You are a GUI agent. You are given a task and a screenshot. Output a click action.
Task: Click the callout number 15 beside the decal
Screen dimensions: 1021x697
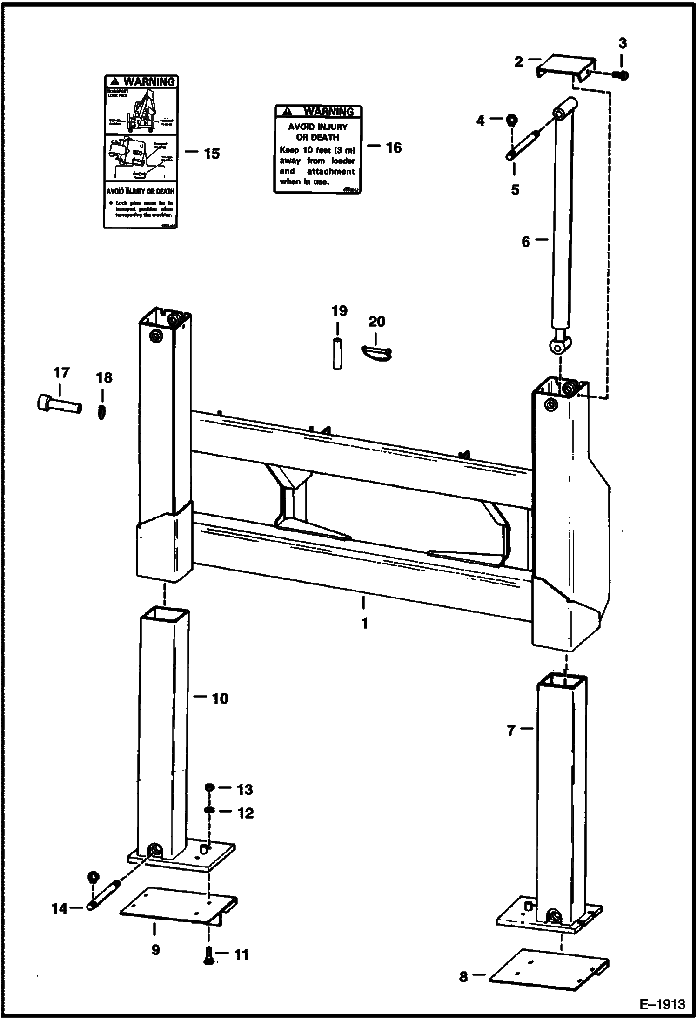point(212,154)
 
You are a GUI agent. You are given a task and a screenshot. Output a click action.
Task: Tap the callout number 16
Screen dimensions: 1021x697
point(393,148)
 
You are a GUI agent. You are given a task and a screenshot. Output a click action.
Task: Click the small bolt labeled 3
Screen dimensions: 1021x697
point(623,74)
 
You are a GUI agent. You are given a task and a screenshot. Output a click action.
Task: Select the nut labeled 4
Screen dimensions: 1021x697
point(511,120)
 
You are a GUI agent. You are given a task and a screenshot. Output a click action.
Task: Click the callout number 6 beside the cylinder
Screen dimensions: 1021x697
point(526,242)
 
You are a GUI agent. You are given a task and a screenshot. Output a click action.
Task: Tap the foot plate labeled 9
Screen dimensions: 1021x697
point(177,907)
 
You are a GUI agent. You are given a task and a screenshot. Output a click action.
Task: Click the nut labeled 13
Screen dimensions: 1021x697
point(209,787)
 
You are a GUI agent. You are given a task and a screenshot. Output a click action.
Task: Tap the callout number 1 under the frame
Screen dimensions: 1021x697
point(365,623)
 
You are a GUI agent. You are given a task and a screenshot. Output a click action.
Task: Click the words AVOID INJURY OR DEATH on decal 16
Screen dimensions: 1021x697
point(318,132)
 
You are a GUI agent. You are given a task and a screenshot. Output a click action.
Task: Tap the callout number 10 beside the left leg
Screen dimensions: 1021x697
point(220,699)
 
